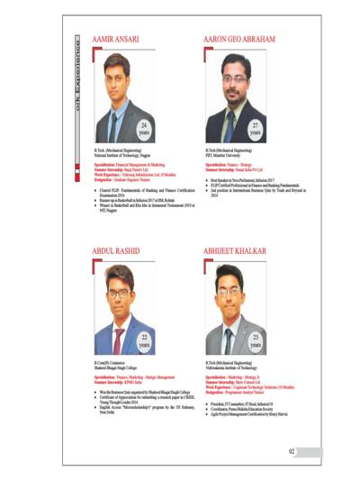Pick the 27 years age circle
click(255, 128)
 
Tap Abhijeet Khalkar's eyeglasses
click(229, 298)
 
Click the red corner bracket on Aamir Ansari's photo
click(94, 56)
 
